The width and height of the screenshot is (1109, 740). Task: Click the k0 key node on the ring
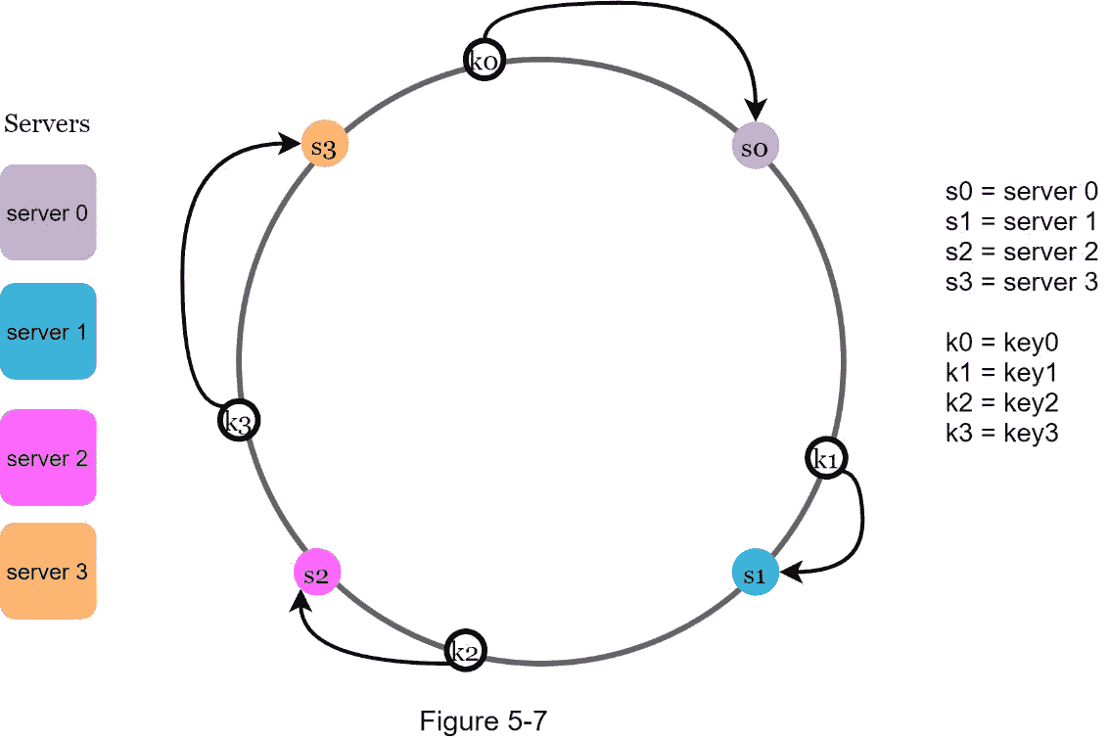point(484,60)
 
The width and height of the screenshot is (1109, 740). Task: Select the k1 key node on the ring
point(827,458)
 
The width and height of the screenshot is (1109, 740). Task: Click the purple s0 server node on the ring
point(755,147)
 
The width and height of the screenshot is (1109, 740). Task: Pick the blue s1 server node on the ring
point(755,574)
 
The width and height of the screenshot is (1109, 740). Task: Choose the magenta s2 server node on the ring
point(316,574)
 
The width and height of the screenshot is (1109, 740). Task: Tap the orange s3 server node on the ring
point(323,146)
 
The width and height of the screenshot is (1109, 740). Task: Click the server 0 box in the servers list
point(48,212)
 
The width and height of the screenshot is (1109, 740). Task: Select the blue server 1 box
point(48,332)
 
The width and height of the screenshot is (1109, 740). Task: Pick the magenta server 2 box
point(48,458)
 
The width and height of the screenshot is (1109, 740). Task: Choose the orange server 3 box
point(48,572)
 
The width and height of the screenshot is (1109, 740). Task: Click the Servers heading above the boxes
point(47,124)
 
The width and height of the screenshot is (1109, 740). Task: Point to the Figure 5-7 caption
point(483,721)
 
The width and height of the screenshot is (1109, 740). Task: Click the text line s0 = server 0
point(1021,192)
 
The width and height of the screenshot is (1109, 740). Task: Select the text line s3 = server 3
point(1021,283)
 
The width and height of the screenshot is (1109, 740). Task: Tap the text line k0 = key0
point(1002,343)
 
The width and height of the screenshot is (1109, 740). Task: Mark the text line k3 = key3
point(1002,433)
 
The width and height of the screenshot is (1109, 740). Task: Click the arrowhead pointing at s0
point(756,115)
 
